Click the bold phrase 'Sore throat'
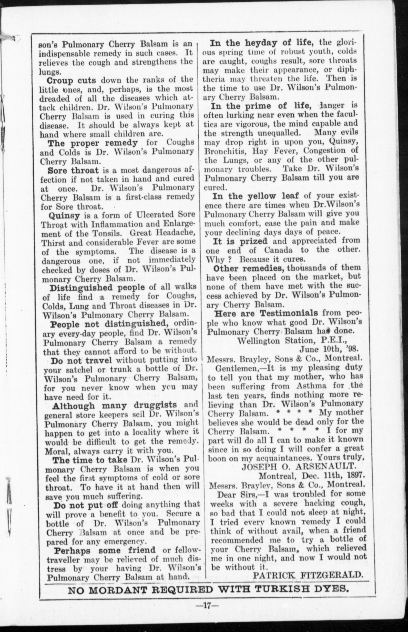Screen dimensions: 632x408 click(73, 171)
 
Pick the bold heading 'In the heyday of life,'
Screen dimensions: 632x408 click(262, 42)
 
